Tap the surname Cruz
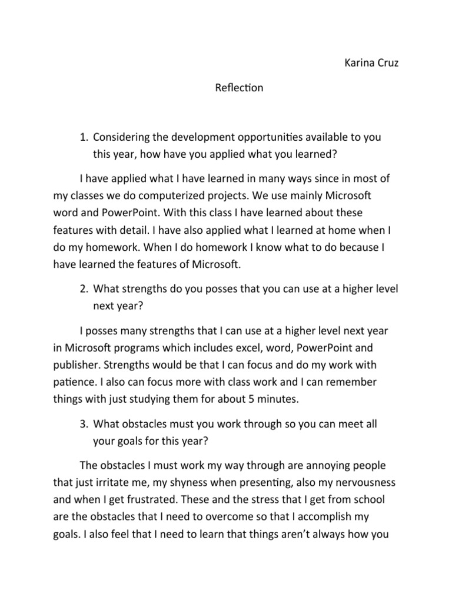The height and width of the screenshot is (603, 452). click(387, 64)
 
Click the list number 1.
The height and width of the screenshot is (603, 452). click(84, 137)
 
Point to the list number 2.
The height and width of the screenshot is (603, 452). click(84, 289)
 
